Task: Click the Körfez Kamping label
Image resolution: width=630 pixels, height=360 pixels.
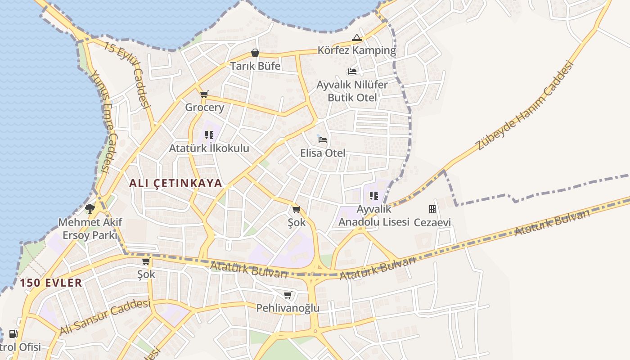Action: [x=356, y=50]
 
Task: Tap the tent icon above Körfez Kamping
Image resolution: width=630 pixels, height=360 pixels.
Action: [x=357, y=38]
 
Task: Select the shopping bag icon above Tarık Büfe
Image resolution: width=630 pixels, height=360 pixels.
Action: [x=255, y=53]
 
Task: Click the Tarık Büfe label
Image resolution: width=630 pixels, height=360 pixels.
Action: [x=255, y=66]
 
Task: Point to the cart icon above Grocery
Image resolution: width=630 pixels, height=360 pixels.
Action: [x=204, y=94]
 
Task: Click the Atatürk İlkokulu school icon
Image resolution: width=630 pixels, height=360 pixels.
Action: [x=209, y=135]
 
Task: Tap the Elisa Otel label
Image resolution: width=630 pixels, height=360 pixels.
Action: [x=323, y=153]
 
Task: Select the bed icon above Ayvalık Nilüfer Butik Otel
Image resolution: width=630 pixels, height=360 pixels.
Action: [x=352, y=72]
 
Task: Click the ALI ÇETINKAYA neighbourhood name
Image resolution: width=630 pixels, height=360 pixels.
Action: [x=175, y=183]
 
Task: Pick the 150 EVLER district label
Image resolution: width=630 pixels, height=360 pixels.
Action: [x=51, y=283]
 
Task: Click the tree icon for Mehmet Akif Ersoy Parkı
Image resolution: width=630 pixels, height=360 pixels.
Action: [x=90, y=209]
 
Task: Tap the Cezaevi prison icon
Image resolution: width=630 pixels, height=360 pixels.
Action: [x=432, y=209]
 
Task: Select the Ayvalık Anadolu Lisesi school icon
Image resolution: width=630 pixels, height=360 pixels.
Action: [x=373, y=196]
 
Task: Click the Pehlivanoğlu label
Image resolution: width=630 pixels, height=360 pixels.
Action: [x=288, y=308]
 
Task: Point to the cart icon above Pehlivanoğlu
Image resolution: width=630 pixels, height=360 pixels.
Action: [x=288, y=295]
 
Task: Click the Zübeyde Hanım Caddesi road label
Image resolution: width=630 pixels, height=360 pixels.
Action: [x=525, y=106]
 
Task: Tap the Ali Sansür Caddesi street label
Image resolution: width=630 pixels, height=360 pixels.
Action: [x=104, y=317]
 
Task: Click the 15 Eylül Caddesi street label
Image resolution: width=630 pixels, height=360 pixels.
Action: [x=126, y=75]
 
